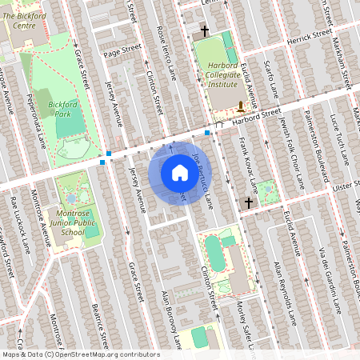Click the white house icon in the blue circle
click(x=179, y=173)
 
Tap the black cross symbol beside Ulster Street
click(x=248, y=203)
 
